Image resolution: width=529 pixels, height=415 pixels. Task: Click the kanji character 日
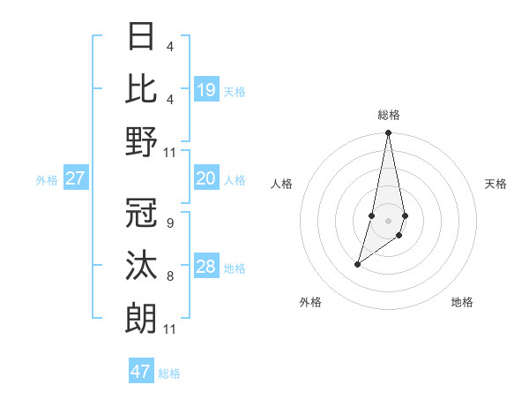(x=142, y=38)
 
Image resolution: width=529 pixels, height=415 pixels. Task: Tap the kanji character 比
(x=142, y=89)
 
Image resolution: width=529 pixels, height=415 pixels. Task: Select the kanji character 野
(x=142, y=142)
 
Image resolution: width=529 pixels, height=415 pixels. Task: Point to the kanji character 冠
(x=142, y=214)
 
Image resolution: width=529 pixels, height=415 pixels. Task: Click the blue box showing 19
(x=205, y=90)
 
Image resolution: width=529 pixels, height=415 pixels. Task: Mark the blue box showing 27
(x=75, y=179)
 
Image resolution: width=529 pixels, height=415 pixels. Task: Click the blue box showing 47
(x=141, y=372)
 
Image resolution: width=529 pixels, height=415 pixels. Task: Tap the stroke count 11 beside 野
(x=170, y=152)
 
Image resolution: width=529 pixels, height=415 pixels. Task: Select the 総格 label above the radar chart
(x=388, y=115)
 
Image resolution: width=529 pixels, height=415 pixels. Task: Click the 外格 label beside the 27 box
(x=47, y=180)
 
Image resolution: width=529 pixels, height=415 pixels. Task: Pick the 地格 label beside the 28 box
(x=235, y=268)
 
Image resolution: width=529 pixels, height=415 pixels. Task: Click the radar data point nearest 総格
(x=388, y=133)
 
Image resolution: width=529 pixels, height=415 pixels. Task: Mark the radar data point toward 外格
(x=358, y=264)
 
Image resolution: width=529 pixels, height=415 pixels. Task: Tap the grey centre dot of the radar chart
(x=388, y=221)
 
